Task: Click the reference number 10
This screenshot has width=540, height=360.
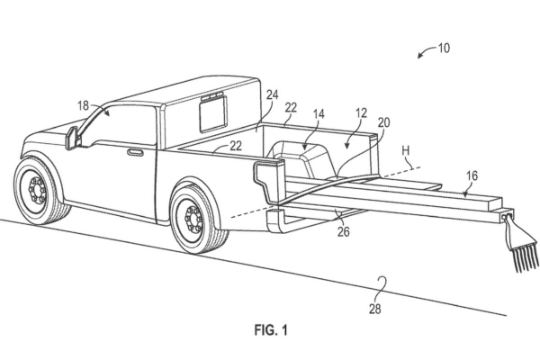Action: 444,48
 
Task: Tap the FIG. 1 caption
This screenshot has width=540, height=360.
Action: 271,330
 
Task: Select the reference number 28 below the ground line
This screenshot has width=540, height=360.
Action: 375,309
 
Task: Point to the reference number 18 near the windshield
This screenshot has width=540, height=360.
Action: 84,106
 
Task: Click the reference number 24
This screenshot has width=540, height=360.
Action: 272,94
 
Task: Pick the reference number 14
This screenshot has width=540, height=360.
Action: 319,114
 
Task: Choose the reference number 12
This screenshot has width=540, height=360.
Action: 361,113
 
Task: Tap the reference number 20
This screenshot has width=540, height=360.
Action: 384,122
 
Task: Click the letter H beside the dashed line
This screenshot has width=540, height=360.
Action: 406,151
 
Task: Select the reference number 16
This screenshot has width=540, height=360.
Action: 472,175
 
